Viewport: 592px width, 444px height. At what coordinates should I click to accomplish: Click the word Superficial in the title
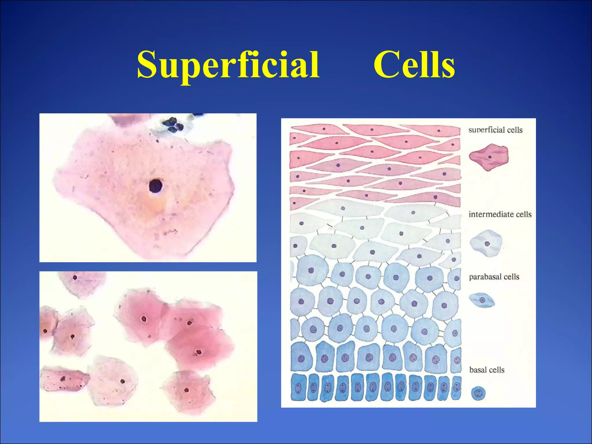click(x=228, y=65)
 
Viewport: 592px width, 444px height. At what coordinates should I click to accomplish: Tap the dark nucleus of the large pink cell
click(x=156, y=186)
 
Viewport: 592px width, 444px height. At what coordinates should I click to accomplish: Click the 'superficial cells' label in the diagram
click(x=495, y=130)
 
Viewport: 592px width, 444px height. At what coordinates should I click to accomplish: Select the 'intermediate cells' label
click(x=500, y=214)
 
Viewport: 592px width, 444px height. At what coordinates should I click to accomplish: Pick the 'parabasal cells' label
click(x=494, y=277)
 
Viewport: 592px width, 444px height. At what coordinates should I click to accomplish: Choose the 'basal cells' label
click(x=487, y=370)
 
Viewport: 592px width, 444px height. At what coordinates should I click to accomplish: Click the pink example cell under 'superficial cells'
click(x=489, y=157)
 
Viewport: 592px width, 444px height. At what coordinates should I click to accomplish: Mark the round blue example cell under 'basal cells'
click(x=478, y=393)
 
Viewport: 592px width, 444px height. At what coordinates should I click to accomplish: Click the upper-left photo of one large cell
click(x=148, y=188)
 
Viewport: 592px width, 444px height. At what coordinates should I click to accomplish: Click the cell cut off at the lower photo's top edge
click(x=81, y=283)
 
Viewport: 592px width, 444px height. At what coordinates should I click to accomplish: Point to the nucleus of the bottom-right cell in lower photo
click(x=187, y=390)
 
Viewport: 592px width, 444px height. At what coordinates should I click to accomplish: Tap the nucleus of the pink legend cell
click(x=490, y=157)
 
